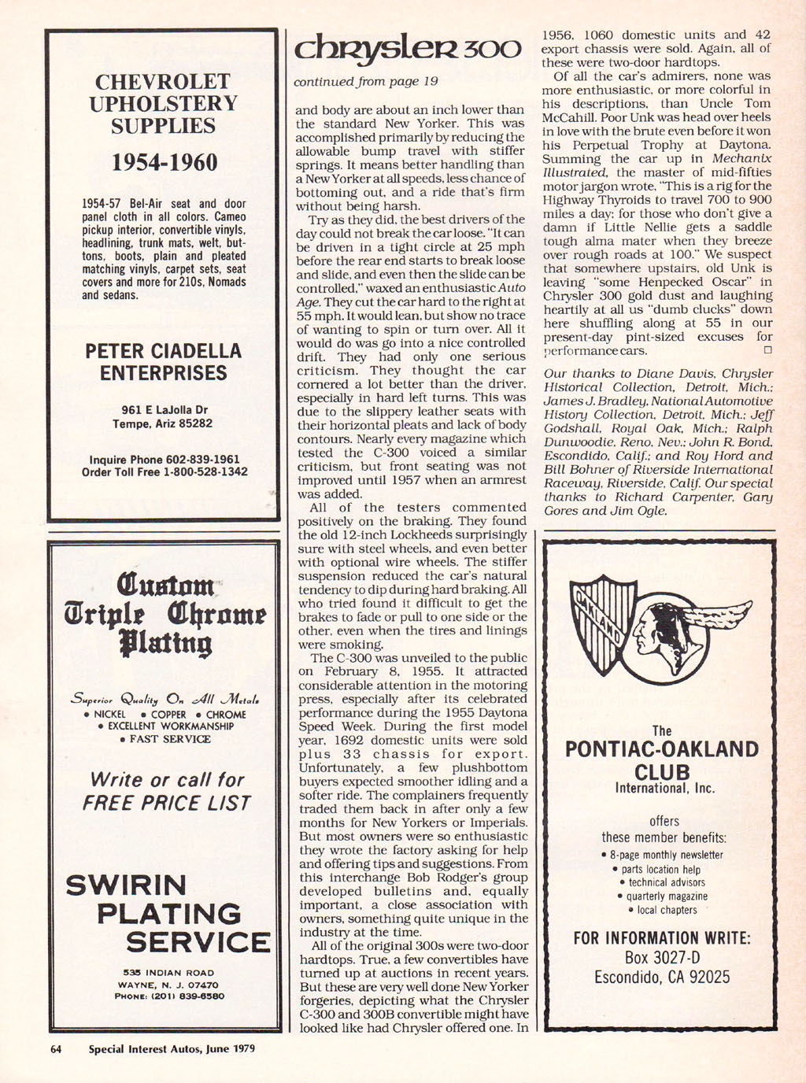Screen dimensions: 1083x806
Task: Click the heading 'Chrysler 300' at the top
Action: pyautogui.click(x=407, y=50)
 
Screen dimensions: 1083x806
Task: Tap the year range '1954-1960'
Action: pyautogui.click(x=164, y=162)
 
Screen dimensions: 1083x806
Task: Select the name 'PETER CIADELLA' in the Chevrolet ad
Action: pyautogui.click(x=164, y=350)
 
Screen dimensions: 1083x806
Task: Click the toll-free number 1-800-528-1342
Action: pyautogui.click(x=205, y=472)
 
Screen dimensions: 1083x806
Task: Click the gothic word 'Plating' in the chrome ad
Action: pyautogui.click(x=165, y=642)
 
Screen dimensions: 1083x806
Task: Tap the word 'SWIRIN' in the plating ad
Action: pyautogui.click(x=126, y=885)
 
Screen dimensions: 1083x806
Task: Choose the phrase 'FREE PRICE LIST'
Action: pyautogui.click(x=166, y=804)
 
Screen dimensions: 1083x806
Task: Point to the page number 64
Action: pyautogui.click(x=56, y=1048)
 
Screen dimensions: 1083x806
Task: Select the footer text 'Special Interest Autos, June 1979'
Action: pyautogui.click(x=172, y=1048)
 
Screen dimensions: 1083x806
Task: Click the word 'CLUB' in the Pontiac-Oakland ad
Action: pyautogui.click(x=662, y=771)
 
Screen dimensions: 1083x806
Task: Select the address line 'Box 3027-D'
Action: pyautogui.click(x=662, y=958)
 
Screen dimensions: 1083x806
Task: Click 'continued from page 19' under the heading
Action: pyautogui.click(x=366, y=81)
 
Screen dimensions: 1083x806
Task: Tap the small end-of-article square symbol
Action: pyautogui.click(x=767, y=350)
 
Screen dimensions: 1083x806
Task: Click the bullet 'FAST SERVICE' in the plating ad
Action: pyautogui.click(x=165, y=739)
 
